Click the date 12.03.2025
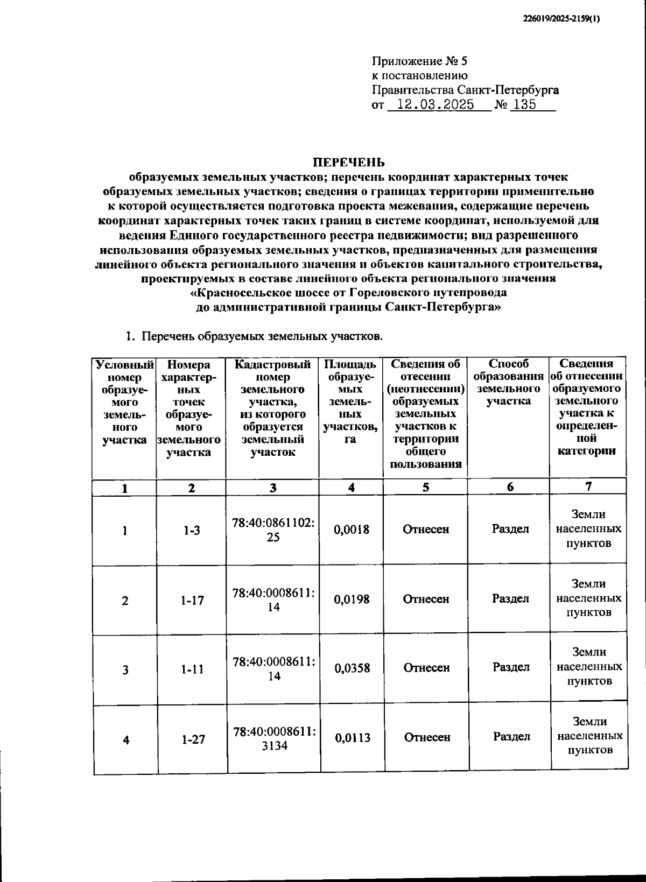pos(435,105)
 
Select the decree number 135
pos(525,105)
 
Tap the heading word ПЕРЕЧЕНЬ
pos(349,162)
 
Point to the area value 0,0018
pos(352,530)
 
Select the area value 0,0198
pos(352,599)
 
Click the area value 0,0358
pos(352,668)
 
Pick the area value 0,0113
pos(353,738)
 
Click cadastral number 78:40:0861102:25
pos(273,530)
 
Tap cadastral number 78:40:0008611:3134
pos(275,738)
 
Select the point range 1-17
pos(192,600)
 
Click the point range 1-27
pos(193,739)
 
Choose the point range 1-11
pos(192,670)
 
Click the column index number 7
pos(588,486)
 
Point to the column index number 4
pos(351,488)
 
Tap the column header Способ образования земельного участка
pos(508,383)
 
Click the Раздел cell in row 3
pos(511,667)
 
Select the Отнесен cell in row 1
pos(426,530)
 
